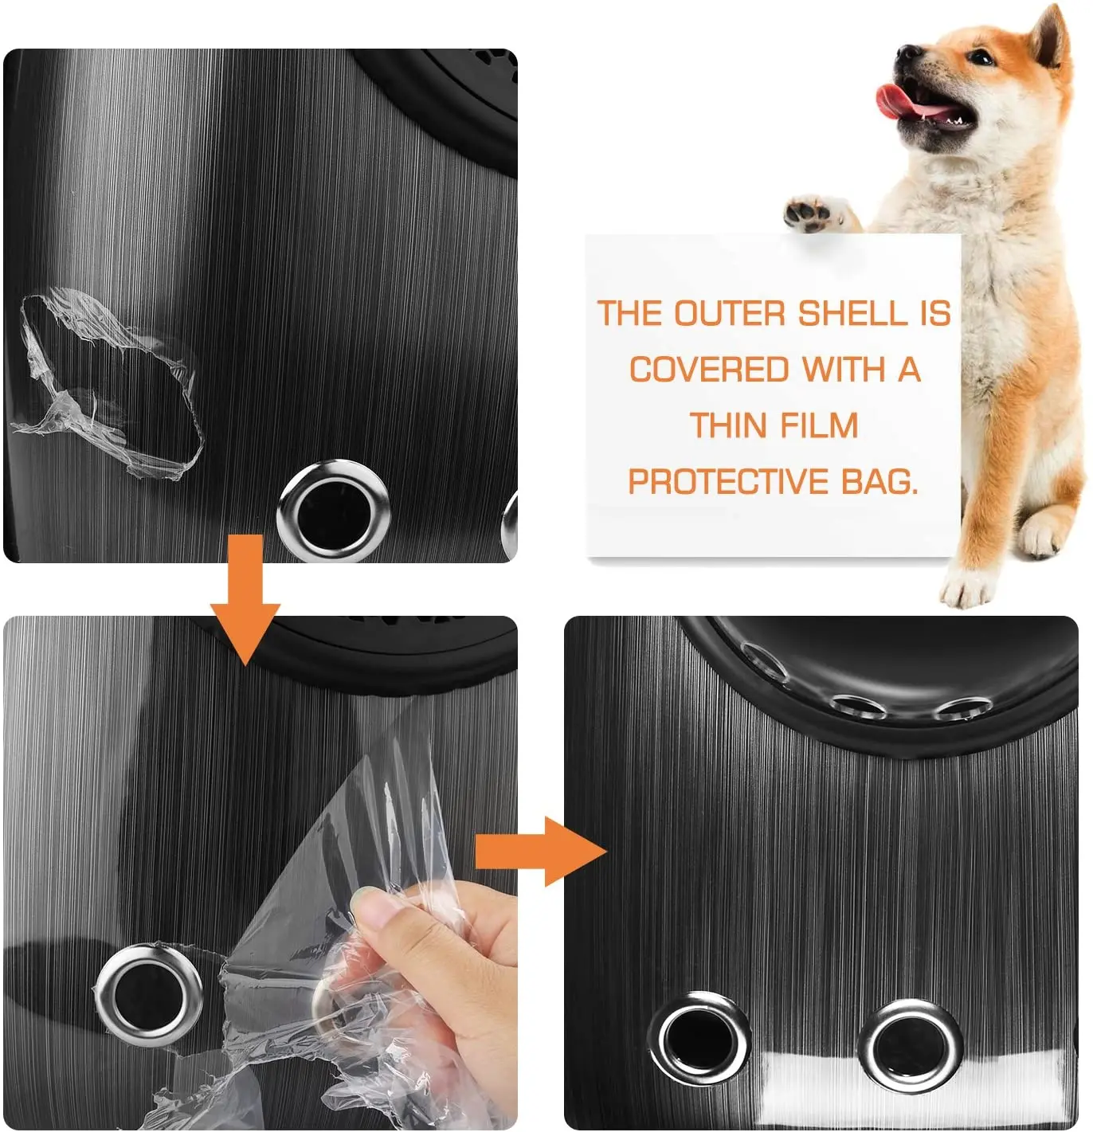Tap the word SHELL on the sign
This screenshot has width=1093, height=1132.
point(852,314)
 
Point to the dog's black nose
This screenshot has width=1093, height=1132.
point(907,53)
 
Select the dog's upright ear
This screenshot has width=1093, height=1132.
point(1049,41)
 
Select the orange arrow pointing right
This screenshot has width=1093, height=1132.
point(542,851)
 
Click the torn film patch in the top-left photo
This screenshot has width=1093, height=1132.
point(108,384)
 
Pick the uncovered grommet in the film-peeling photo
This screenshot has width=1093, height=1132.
point(147,996)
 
